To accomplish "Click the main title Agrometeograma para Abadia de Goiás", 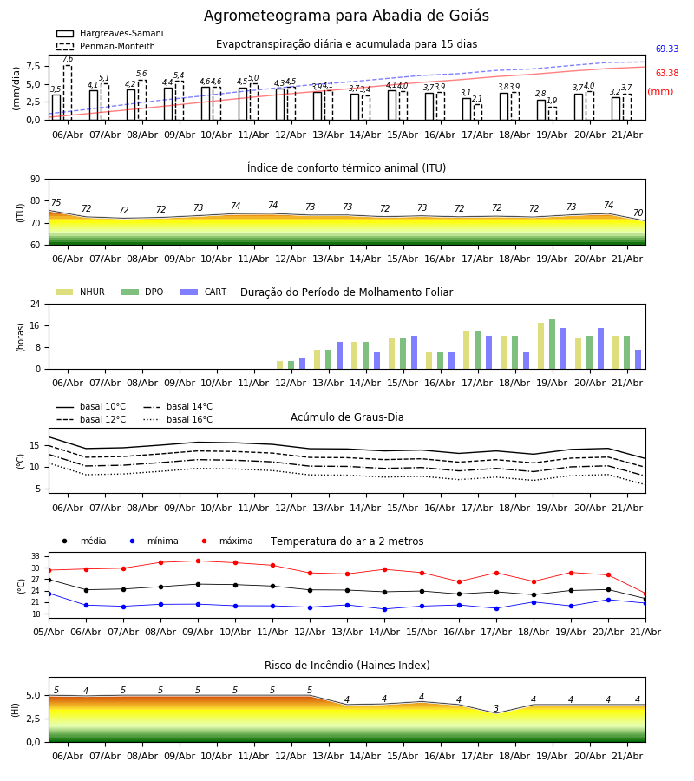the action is coord(346,16).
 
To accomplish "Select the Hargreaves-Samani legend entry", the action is coord(109,33).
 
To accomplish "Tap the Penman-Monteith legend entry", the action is coord(106,46).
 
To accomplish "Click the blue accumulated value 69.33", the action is coord(667,49).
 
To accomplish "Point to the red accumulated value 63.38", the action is coord(667,73).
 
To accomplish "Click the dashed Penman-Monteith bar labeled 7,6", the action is coord(68,93).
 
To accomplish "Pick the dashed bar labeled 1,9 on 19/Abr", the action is coord(552,113).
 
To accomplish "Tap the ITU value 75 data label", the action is coord(56,202).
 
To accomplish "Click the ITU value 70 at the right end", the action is coord(638,213).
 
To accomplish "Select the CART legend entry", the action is coord(203,292).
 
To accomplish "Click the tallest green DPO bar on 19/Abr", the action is coord(552,345).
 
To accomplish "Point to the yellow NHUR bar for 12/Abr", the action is coord(280,365).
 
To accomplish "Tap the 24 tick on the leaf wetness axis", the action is coord(36,304).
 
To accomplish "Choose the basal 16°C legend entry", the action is coord(178,419).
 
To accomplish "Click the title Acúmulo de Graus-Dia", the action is coord(347,417).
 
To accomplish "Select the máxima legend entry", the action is coord(224,541).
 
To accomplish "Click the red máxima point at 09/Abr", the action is coord(198,561).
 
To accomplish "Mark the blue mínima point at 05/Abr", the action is coord(49,594).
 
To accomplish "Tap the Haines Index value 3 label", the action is coord(496,708).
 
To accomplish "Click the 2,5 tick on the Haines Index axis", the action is coord(33,719).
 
